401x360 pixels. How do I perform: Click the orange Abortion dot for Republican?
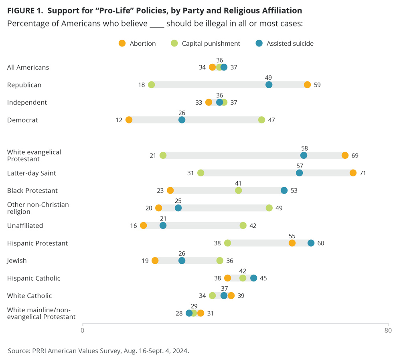(307, 85)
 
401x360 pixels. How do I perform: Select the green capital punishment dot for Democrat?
(261, 119)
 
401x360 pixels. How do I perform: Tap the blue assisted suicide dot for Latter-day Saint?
(299, 173)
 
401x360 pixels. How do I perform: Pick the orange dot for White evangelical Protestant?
(345, 155)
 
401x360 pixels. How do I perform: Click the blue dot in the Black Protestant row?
(284, 190)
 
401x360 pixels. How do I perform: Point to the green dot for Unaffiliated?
(243, 225)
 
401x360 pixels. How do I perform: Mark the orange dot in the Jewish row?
(155, 261)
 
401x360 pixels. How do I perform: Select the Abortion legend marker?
(122, 43)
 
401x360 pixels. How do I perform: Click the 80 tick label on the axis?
(388, 330)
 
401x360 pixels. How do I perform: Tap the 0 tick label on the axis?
(83, 330)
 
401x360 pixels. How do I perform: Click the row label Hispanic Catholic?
(29, 278)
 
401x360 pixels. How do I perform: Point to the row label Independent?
(27, 102)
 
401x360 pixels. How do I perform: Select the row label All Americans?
(28, 67)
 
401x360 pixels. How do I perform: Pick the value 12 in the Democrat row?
(119, 119)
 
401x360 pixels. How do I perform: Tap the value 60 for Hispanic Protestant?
(320, 243)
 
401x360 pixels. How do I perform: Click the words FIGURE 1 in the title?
(24, 10)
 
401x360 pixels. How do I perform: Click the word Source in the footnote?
(18, 351)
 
